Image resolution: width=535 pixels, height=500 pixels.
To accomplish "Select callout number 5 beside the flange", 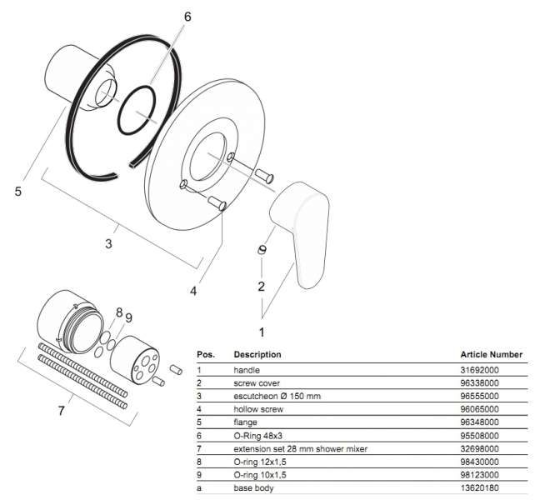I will coord(18,192).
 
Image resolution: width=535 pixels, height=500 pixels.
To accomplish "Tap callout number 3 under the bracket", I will coord(109,243).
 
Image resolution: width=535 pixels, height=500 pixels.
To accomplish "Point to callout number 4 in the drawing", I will coord(193,291).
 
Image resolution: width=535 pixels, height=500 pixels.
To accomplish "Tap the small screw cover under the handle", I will coord(262,250).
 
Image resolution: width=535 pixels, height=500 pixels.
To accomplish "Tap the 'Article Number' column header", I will coord(491,354).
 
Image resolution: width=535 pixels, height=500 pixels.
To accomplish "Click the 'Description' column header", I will coord(257,354).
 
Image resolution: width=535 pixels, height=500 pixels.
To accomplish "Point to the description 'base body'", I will coord(252,488).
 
